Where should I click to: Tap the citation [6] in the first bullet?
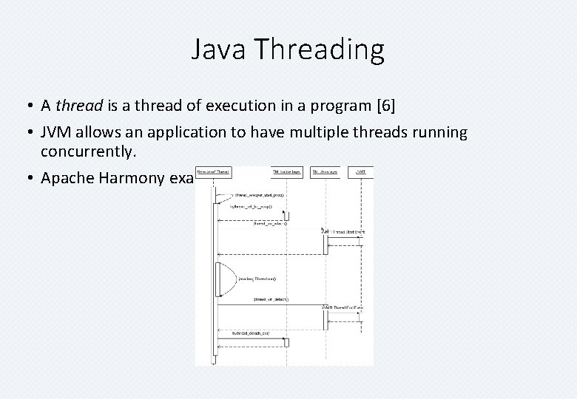[385, 106]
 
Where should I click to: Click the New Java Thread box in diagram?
[213, 171]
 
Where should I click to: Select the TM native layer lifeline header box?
[286, 171]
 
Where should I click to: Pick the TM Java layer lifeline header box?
[324, 171]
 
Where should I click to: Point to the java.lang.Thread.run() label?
[257, 279]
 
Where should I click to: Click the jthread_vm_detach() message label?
[271, 299]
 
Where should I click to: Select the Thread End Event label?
[345, 307]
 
